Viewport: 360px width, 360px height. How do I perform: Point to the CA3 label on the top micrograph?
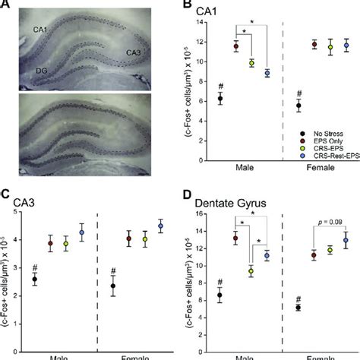click(x=133, y=53)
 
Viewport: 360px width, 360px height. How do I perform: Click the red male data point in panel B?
click(x=235, y=46)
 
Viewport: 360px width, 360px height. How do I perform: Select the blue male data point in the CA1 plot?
click(x=267, y=74)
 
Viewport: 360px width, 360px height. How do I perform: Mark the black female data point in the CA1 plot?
click(x=299, y=106)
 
